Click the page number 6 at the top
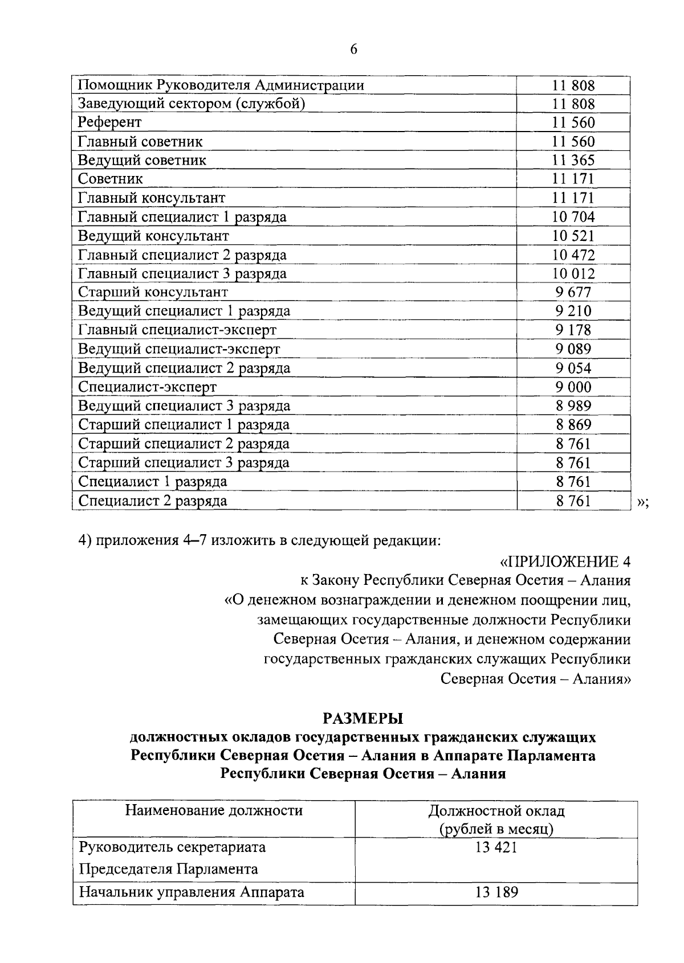tap(353, 50)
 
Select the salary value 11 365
tap(573, 160)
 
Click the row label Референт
tap(109, 122)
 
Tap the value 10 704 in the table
tap(573, 217)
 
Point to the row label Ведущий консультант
tap(153, 236)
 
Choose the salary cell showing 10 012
tap(573, 274)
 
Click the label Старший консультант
tap(153, 292)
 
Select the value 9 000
tap(573, 387)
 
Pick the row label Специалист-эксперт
tap(147, 387)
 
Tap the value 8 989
tap(573, 406)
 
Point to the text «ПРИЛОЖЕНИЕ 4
tap(565, 562)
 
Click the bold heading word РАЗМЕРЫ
tap(363, 718)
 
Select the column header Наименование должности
tap(214, 810)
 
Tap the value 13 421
tap(496, 847)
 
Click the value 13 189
tap(496, 892)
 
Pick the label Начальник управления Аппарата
tap(191, 892)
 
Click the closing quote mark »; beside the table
tap(642, 502)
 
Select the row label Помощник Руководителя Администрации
tap(221, 85)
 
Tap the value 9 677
tap(573, 292)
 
